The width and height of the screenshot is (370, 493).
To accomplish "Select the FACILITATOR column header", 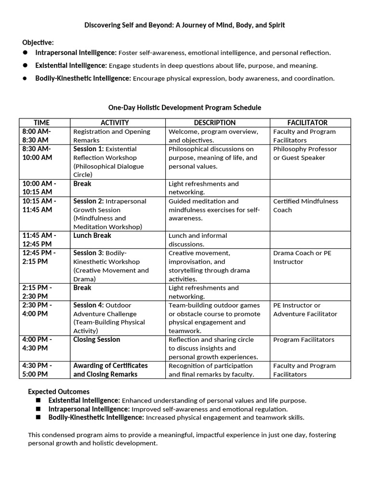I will coord(307,123).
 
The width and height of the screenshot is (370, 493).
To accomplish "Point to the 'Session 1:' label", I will coord(88,149).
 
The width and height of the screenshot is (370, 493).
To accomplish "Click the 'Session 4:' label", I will coord(88,305).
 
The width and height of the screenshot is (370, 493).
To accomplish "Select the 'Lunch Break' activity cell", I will coord(92,235).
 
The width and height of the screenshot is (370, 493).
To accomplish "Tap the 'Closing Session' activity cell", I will coord(97,339).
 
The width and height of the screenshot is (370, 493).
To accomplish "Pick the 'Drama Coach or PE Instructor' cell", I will coord(302,258).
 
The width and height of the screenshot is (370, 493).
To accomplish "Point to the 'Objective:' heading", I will coord(38,42).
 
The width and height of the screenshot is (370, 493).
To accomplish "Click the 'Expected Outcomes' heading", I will coord(59,391).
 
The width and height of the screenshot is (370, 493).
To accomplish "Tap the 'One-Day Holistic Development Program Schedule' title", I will coord(185,107).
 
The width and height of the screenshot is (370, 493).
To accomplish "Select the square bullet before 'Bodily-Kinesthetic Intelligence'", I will coord(39,418).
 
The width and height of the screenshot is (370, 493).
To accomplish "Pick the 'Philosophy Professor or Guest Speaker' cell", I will coord(305,153).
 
